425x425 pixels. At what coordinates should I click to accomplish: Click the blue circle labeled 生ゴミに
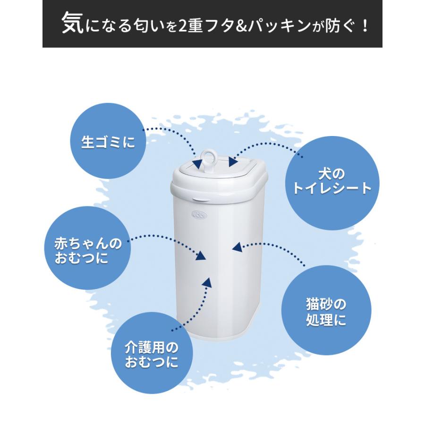coord(108,142)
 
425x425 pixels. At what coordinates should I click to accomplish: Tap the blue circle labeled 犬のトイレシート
coord(331,182)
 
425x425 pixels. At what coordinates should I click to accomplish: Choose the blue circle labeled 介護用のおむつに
coord(152,356)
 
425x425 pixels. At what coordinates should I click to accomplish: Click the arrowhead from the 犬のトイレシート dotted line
coord(233,161)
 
